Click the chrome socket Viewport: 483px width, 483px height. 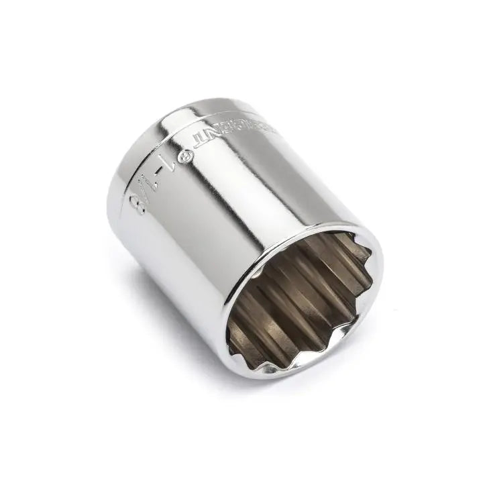tap(221, 221)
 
